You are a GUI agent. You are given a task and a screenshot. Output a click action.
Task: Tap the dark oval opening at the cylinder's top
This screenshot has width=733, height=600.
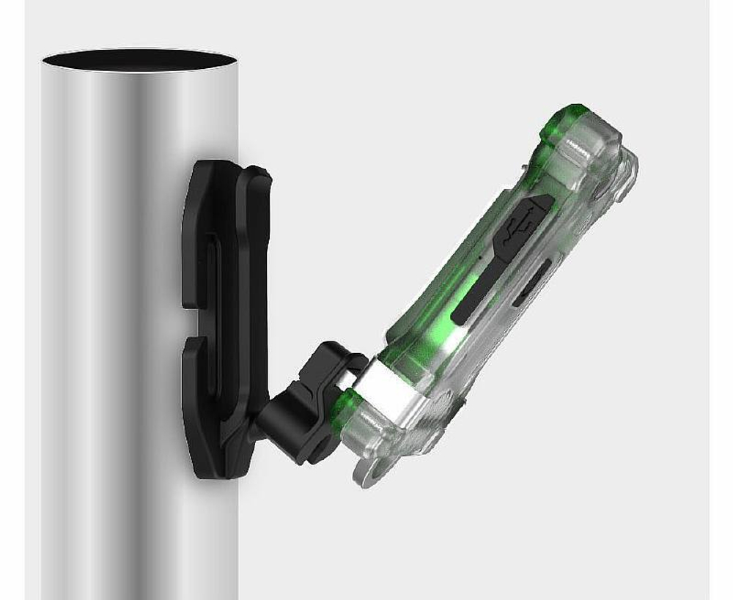(x=139, y=59)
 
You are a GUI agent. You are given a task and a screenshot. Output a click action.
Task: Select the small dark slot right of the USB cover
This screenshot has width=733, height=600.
(x=534, y=282)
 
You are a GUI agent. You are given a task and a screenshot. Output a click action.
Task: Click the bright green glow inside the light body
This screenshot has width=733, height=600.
(x=447, y=337)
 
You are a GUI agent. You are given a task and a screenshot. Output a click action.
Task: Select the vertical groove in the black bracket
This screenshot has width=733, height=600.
(x=213, y=308)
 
